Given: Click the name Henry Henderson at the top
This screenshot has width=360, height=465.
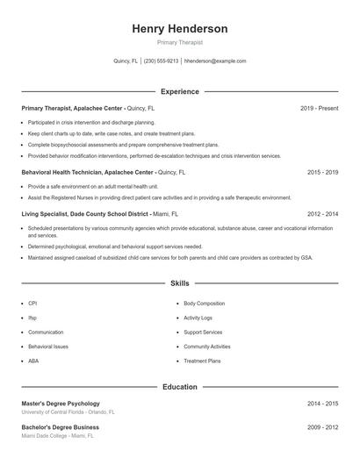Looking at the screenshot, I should click(179, 29).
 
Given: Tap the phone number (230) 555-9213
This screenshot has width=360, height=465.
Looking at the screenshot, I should click(161, 61).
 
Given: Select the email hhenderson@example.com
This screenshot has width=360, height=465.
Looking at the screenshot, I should click(215, 61).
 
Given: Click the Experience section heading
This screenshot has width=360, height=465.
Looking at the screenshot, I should click(179, 91).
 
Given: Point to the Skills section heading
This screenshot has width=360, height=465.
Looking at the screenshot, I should click(179, 284).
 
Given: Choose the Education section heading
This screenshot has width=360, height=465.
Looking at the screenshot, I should click(179, 386).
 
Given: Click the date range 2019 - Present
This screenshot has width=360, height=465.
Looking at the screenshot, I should click(319, 108).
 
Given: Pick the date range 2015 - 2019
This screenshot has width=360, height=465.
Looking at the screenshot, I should click(322, 173).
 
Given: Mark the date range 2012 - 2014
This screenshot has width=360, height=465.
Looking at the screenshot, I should click(322, 213).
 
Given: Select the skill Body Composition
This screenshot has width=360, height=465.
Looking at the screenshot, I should click(204, 303).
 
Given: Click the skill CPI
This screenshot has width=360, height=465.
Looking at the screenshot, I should click(32, 303).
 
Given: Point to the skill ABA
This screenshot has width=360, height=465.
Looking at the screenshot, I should click(33, 361).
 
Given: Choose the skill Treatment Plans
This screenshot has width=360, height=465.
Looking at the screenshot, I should click(202, 361).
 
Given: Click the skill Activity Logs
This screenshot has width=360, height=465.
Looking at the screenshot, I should click(198, 318).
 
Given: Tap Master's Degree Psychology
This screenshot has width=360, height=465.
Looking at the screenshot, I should click(61, 404).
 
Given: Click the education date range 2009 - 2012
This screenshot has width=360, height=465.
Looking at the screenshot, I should click(322, 427).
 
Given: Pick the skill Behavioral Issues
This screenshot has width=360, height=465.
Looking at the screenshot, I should click(47, 347).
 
